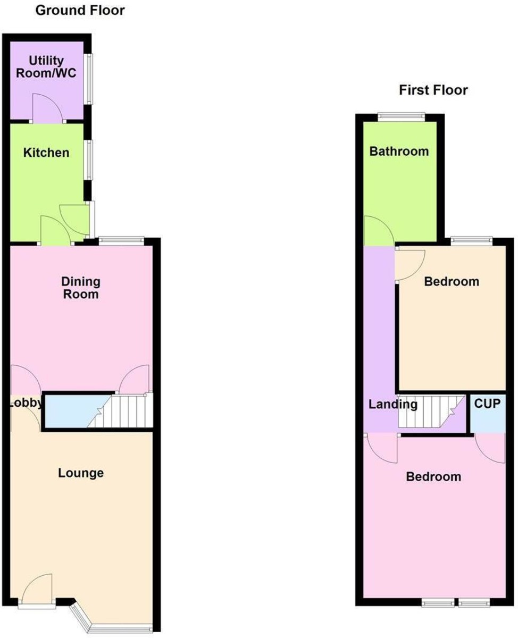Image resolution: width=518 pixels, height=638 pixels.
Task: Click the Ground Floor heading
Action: (x=80, y=10)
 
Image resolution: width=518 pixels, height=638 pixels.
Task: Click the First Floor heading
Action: (x=433, y=90)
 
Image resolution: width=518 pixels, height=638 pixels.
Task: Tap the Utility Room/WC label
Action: (x=46, y=67)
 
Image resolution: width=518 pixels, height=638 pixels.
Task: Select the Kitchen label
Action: (x=46, y=153)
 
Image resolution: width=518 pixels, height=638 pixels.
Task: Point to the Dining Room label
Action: (x=81, y=287)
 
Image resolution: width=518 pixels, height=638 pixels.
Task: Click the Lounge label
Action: (x=81, y=473)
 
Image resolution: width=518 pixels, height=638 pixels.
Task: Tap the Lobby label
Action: (x=25, y=404)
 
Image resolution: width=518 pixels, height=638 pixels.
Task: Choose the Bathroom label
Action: (x=399, y=151)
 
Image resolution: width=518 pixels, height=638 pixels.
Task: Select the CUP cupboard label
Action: (x=487, y=404)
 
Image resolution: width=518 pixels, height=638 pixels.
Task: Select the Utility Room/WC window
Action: (x=89, y=79)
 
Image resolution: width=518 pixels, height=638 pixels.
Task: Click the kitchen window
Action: (x=89, y=159)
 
